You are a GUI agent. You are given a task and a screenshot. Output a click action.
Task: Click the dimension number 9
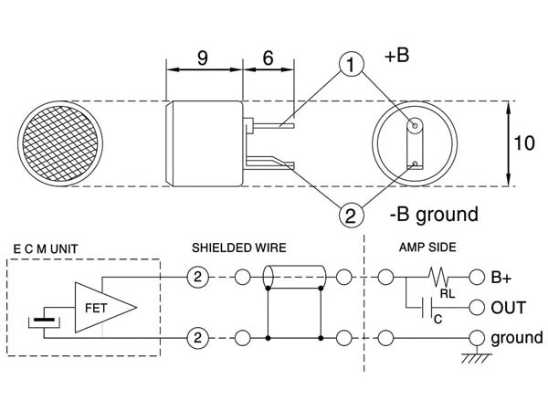click(x=203, y=58)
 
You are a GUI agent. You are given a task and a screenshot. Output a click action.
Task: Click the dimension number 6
click(x=268, y=58)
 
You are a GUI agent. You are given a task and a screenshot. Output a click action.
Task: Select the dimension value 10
click(x=524, y=143)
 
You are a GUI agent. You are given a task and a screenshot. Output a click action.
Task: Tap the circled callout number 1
click(x=352, y=65)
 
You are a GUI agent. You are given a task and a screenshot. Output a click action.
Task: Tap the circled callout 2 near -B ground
click(x=352, y=215)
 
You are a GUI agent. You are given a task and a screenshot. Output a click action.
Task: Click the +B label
click(x=396, y=56)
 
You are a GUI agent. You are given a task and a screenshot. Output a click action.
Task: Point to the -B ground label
click(x=434, y=215)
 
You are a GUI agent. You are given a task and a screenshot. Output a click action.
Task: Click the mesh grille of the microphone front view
click(x=60, y=143)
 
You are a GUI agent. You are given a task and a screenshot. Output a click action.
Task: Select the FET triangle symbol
click(x=106, y=307)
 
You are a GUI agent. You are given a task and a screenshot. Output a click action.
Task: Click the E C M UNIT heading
click(x=46, y=249)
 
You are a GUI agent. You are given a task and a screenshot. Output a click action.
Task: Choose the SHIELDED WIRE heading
click(x=239, y=248)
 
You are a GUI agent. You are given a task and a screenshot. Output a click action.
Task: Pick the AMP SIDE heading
click(x=427, y=248)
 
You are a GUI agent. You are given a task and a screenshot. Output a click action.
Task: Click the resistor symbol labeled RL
click(x=439, y=276)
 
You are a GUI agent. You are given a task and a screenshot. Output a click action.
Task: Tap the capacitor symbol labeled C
click(x=427, y=308)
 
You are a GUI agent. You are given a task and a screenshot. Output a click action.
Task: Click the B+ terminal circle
click(x=477, y=277)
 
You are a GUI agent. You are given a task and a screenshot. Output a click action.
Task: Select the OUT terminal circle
click(x=477, y=308)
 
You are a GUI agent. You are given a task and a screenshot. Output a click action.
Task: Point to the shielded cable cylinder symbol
click(x=294, y=277)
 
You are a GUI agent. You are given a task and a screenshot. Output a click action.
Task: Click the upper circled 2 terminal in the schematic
click(x=198, y=277)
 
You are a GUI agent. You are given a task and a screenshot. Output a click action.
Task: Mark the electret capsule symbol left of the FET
click(x=44, y=321)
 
